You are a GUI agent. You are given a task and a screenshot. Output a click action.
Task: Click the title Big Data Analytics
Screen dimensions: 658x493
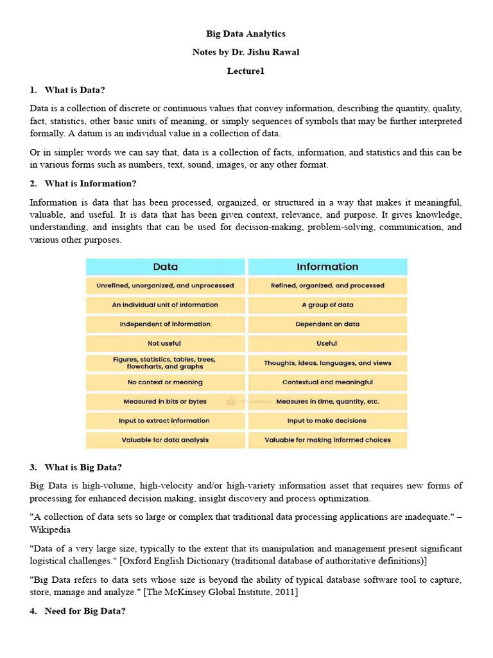pos(246,33)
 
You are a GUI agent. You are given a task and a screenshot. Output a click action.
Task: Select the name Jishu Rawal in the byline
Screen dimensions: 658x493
pos(275,52)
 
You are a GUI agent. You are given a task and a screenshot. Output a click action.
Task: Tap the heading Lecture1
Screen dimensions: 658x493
pos(246,71)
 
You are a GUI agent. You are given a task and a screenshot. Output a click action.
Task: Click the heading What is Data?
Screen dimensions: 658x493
pos(75,90)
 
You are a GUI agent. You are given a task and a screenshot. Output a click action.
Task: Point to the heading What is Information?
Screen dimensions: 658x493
pos(91,183)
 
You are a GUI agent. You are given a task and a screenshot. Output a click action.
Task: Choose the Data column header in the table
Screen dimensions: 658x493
pos(166,267)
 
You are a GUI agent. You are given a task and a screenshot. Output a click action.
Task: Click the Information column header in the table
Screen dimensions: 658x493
pos(327,267)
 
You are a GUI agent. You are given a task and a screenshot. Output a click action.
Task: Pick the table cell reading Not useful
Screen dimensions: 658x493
pos(164,343)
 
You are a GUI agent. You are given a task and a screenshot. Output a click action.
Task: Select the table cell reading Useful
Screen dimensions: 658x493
pos(327,343)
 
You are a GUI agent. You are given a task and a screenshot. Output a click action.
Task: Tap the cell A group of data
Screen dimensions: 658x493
pos(327,305)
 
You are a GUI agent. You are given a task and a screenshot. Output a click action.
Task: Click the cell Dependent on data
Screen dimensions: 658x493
pos(327,324)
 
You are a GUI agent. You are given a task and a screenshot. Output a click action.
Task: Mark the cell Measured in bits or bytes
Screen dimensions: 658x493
pos(165,401)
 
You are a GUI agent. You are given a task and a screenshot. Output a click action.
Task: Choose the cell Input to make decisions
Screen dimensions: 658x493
pos(327,420)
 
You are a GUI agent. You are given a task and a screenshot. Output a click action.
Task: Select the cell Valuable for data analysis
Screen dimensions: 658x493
pos(165,440)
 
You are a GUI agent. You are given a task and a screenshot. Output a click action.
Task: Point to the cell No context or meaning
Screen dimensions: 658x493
pos(165,382)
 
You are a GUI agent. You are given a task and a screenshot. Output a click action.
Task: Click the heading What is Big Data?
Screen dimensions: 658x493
pos(83,467)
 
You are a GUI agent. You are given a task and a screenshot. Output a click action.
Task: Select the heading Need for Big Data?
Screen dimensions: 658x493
pos(85,611)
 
